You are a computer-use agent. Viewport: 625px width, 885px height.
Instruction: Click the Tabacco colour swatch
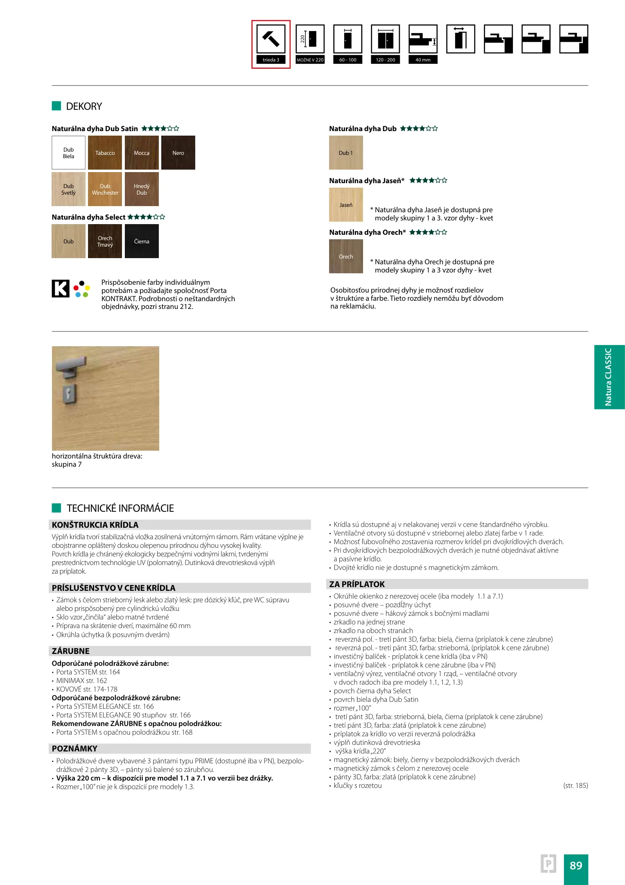point(105,153)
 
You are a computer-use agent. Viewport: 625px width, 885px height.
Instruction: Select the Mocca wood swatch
point(142,153)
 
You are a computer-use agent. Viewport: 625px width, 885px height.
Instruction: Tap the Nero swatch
point(178,153)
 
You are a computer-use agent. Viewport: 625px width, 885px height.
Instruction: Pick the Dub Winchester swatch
point(105,189)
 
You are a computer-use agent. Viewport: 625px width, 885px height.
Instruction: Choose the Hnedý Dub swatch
point(142,189)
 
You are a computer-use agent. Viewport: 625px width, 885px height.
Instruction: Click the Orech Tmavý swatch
point(105,241)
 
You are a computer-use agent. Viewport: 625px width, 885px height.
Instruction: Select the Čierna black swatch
point(142,241)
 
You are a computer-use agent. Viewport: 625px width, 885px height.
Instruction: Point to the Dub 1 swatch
point(346,153)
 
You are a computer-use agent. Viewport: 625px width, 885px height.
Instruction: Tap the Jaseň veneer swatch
point(346,205)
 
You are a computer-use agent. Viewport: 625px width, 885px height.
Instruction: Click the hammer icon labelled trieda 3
point(271,39)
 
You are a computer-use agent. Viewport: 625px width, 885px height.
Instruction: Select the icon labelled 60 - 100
point(348,39)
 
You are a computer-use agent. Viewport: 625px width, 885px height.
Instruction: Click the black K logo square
point(61,288)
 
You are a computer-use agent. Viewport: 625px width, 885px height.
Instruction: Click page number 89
point(576,866)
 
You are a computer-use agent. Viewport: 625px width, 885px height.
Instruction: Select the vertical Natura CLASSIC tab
point(609,377)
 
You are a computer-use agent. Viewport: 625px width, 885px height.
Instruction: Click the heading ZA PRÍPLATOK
point(357,584)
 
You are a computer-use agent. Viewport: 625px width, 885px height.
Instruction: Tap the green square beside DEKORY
point(56,106)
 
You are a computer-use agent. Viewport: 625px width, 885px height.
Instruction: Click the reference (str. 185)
point(575,785)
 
